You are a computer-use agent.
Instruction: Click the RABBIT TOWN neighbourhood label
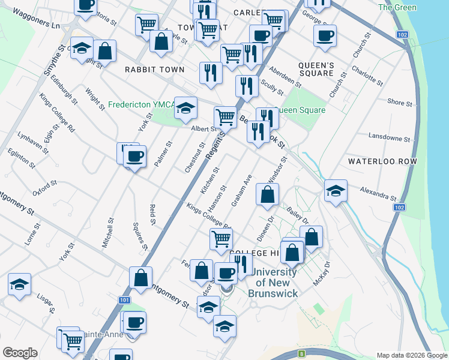(x=154, y=70)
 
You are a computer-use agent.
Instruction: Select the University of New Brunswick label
(x=276, y=283)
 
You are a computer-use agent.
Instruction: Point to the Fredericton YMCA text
(x=141, y=104)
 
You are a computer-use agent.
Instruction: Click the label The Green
(x=397, y=8)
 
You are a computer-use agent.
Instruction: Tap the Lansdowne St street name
(x=388, y=137)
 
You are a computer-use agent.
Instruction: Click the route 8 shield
(x=302, y=355)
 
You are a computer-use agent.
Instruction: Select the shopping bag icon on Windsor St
(x=267, y=194)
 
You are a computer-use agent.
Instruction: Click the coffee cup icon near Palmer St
(x=134, y=157)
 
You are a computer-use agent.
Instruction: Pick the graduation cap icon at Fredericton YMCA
(x=186, y=108)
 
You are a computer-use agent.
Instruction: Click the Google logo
(x=20, y=353)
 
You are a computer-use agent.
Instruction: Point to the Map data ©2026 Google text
(x=411, y=355)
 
